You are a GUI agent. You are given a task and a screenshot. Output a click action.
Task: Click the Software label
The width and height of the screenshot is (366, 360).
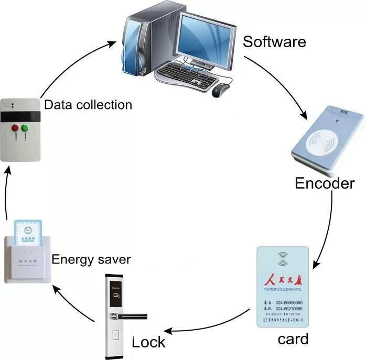pos(274,41)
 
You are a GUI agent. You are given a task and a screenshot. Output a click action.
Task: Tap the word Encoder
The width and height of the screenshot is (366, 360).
pos(325,183)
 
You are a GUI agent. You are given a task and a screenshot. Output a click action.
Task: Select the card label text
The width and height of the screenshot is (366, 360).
pos(293,339)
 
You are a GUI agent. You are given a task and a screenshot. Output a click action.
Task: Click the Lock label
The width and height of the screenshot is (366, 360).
pos(148,342)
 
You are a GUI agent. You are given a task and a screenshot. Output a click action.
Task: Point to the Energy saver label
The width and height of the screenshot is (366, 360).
pos(91,259)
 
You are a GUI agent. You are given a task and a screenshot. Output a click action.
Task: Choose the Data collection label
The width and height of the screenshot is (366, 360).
pos(88,104)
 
